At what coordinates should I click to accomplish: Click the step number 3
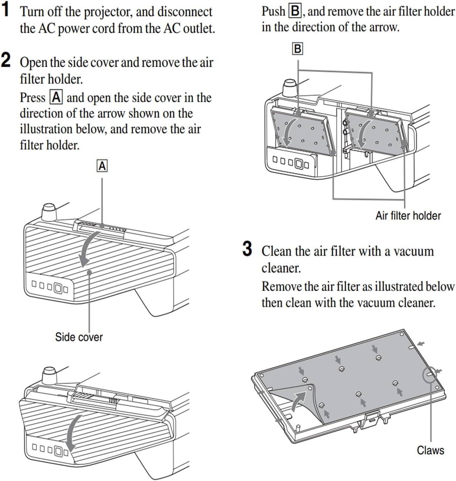(247, 249)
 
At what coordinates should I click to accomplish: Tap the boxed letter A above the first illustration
(102, 166)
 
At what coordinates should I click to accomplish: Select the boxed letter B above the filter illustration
(297, 49)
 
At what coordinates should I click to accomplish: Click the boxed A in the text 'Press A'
(56, 97)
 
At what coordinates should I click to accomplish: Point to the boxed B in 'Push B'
(295, 12)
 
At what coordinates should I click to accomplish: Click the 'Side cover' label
(79, 337)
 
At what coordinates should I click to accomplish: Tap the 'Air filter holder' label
(408, 215)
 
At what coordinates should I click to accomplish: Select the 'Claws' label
(430, 450)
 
